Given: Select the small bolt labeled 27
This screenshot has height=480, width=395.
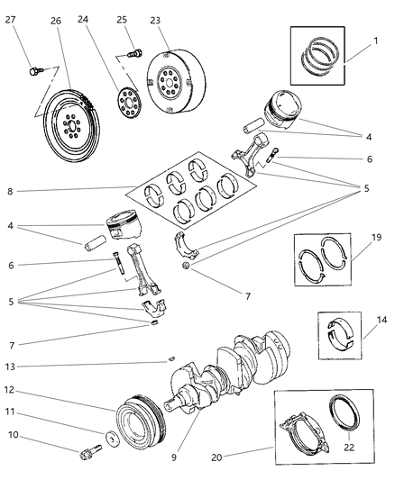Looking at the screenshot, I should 33,68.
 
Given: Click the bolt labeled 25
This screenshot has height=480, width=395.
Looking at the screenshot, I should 135,52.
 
